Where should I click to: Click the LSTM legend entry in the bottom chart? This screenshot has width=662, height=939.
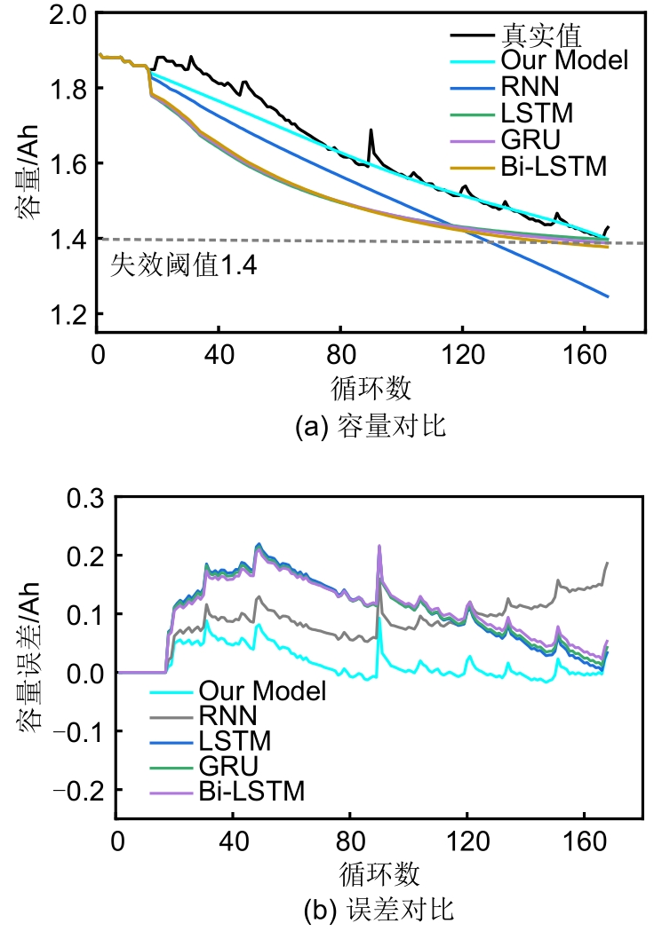235,739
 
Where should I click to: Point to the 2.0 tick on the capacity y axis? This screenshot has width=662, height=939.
67,13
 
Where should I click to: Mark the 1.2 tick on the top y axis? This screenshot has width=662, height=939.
67,314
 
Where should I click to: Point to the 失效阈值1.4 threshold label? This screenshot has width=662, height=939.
182,265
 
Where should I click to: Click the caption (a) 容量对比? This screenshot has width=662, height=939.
370,427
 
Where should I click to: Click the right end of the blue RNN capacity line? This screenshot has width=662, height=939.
608,296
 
